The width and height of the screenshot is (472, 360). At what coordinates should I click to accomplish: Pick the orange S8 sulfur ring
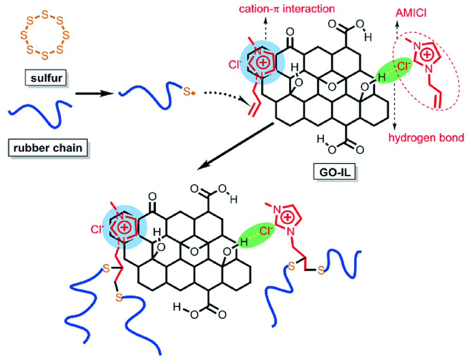point(44,34)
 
